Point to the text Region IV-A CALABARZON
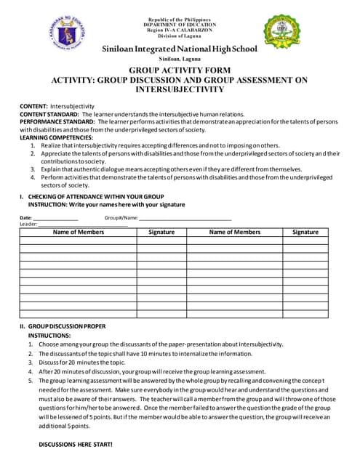pos(179,29)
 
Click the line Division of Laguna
pos(179,36)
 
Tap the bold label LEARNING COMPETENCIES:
pos(56,137)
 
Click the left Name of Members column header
pos(79,232)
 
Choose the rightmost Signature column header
pos(305,232)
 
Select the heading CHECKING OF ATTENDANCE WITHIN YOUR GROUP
pos(95,197)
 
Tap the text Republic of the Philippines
pos(179,18)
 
